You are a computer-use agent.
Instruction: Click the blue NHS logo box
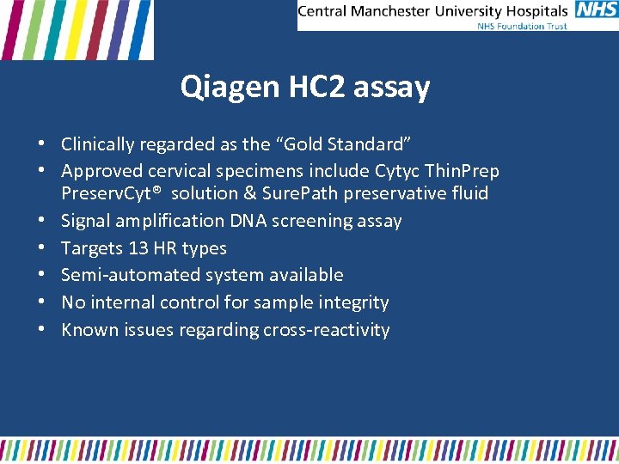595,10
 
